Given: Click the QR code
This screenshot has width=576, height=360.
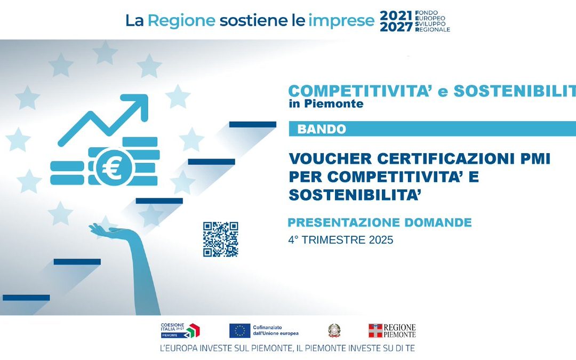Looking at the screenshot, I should [220, 239].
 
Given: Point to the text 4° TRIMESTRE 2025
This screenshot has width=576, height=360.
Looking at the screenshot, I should [340, 240].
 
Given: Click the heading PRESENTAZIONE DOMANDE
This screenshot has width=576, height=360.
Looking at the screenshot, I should [380, 222].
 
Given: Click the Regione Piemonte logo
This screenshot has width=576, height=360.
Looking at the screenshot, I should [392, 331].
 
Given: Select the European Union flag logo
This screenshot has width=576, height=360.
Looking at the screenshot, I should [240, 331].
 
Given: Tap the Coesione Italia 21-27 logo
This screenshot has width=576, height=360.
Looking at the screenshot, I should [180, 331].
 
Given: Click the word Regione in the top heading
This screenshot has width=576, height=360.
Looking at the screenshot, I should [181, 21].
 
